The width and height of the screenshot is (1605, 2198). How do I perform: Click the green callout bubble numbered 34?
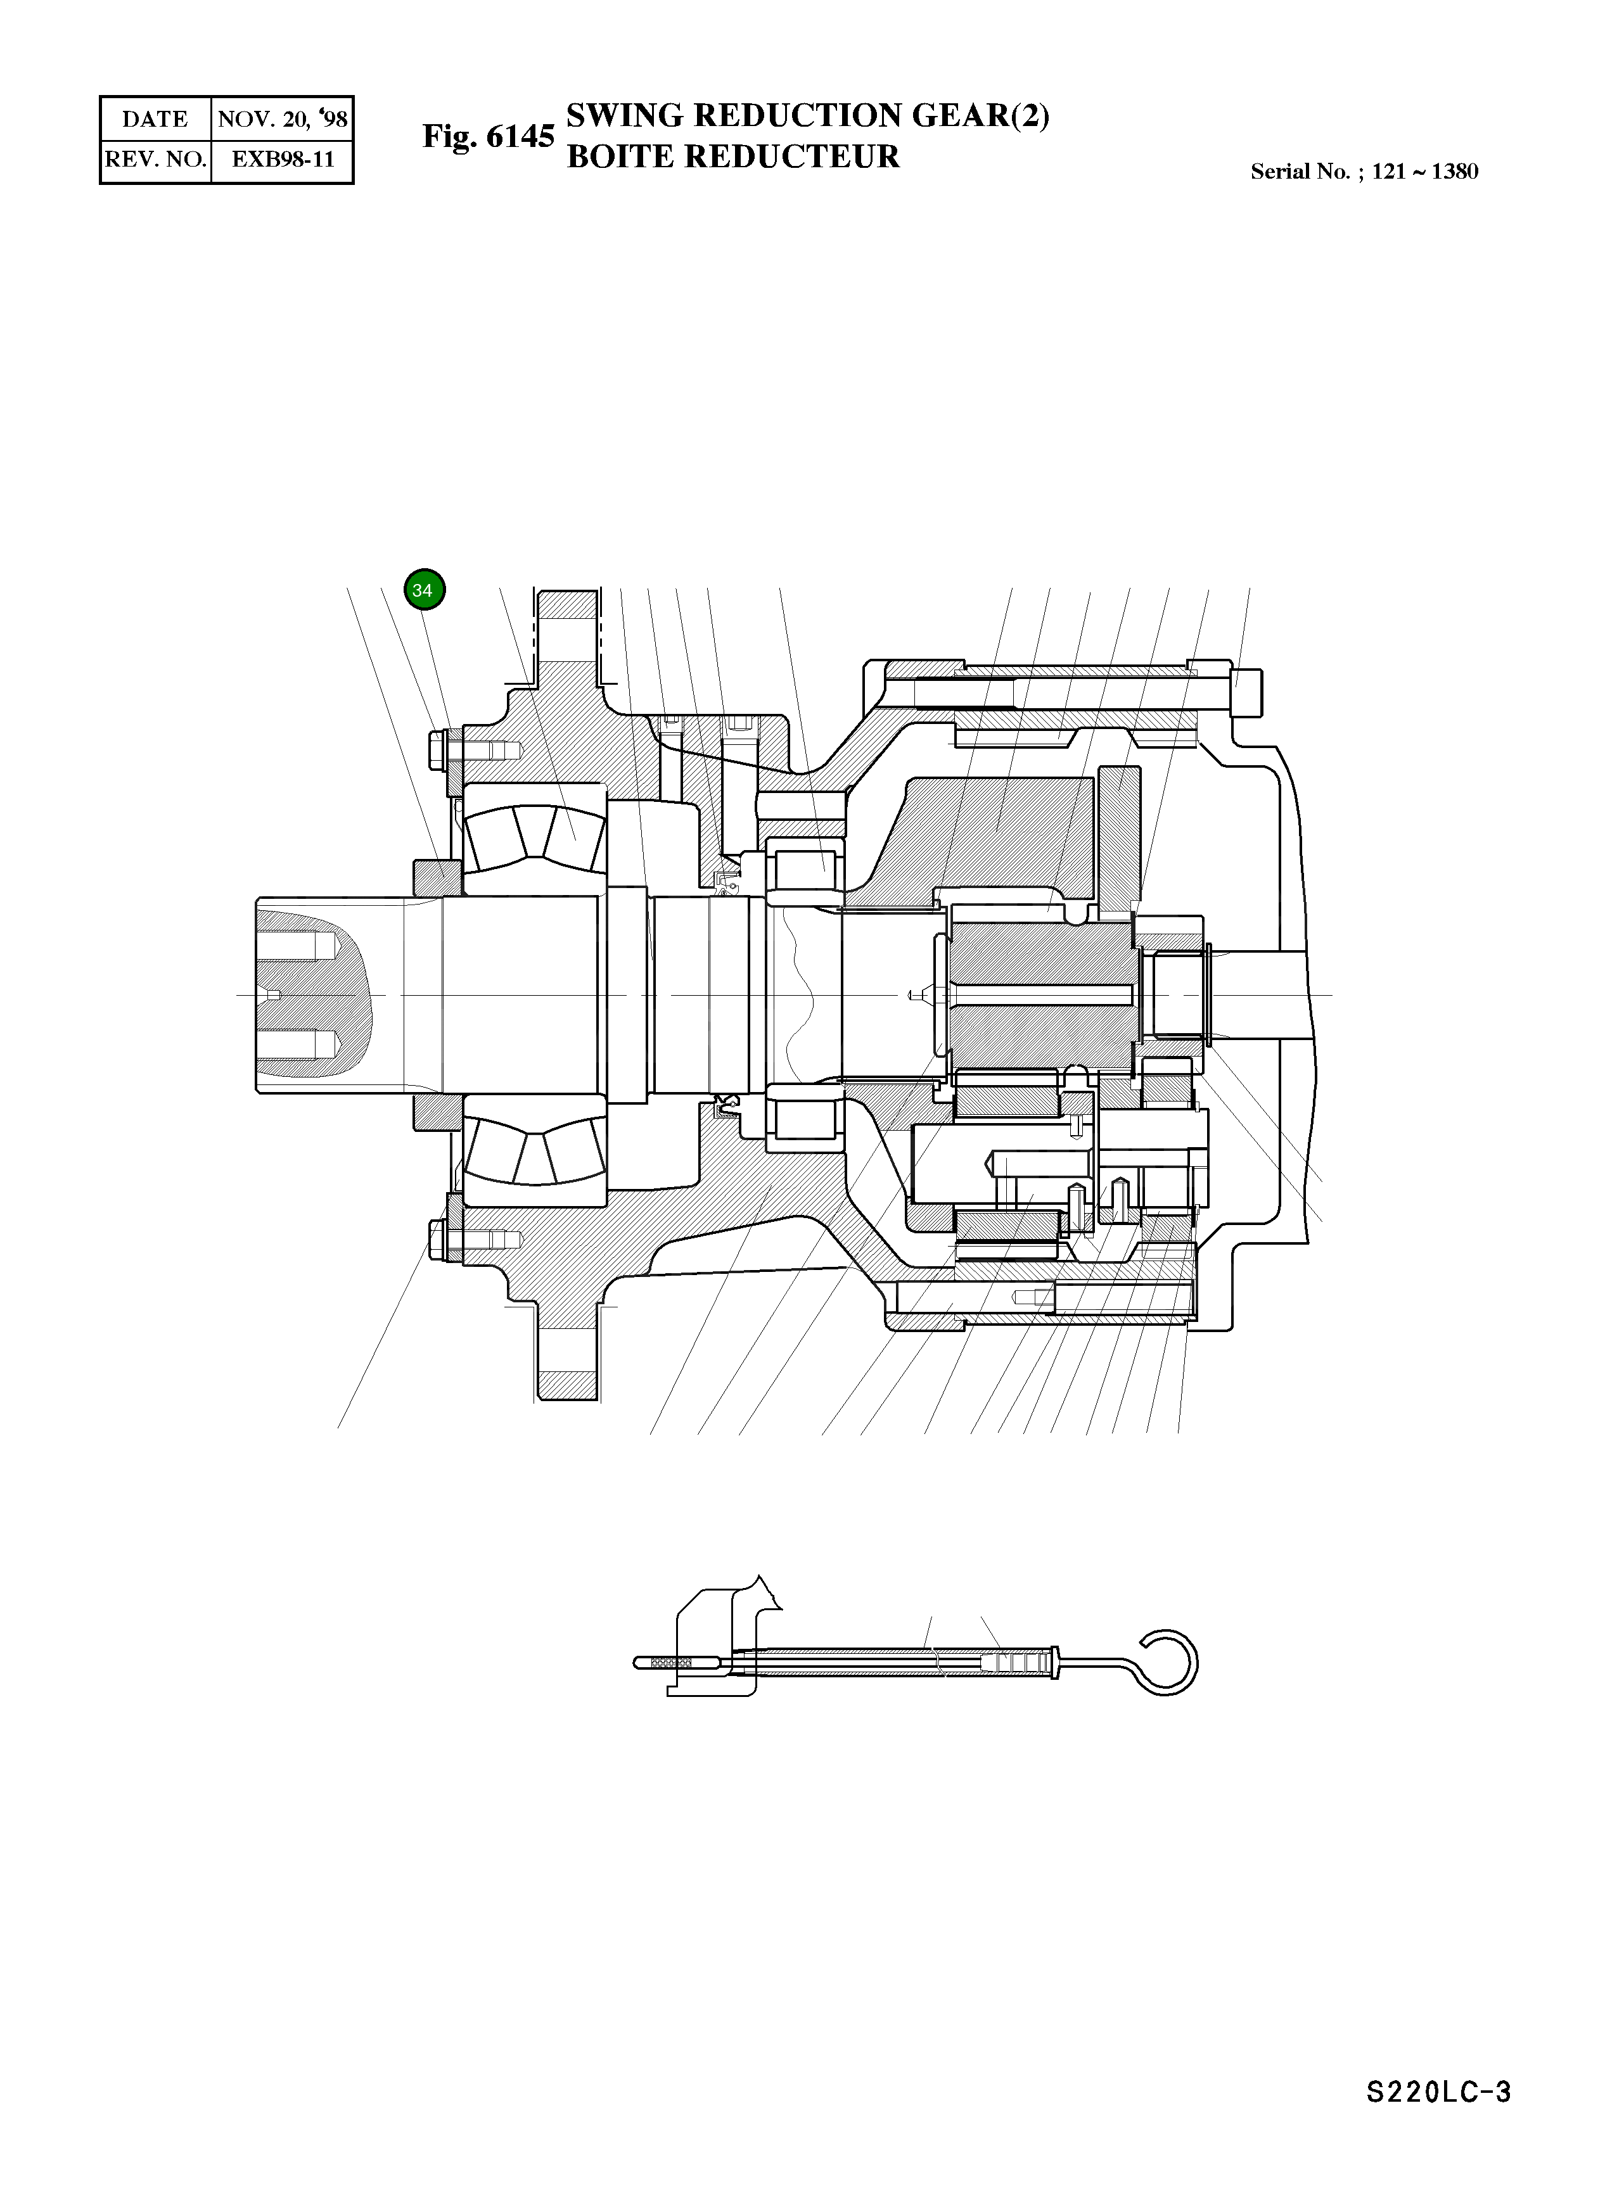(424, 590)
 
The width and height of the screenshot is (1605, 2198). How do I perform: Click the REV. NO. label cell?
(155, 159)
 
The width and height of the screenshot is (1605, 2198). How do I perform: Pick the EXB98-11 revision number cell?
(282, 159)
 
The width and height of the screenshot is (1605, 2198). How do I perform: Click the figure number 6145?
(520, 136)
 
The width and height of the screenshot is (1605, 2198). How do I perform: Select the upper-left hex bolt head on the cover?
(436, 749)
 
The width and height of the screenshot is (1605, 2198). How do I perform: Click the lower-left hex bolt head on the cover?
(436, 1240)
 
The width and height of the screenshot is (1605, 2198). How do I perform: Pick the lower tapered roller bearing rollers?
(534, 1150)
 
